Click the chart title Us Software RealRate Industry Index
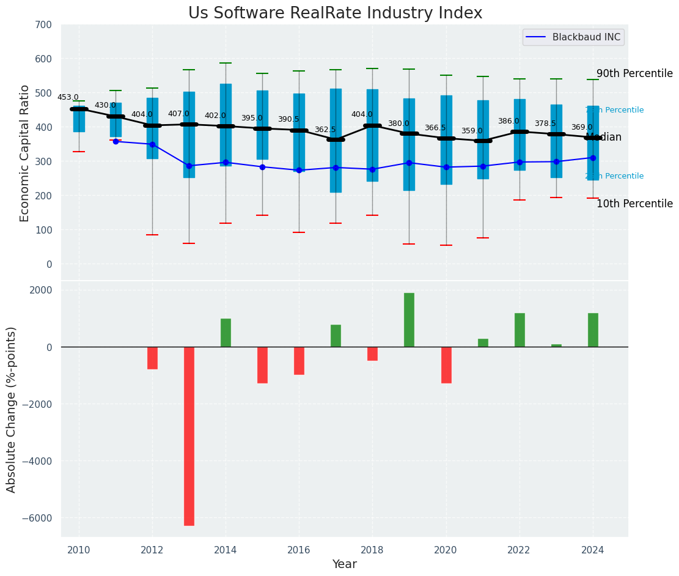click(x=335, y=13)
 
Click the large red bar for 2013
click(x=189, y=436)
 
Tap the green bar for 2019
click(x=409, y=320)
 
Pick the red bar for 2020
click(x=446, y=365)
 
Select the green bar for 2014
click(x=226, y=333)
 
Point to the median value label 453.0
click(x=68, y=97)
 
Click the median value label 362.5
click(x=325, y=130)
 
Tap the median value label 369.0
click(x=582, y=127)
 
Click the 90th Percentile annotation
click(x=634, y=73)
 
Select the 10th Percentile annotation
click(x=634, y=204)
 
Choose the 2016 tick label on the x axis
click(x=299, y=550)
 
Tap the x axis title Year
click(x=344, y=564)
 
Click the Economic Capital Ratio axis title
click(x=25, y=153)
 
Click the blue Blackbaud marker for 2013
click(x=189, y=166)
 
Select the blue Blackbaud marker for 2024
click(x=593, y=158)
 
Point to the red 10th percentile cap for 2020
click(x=446, y=245)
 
